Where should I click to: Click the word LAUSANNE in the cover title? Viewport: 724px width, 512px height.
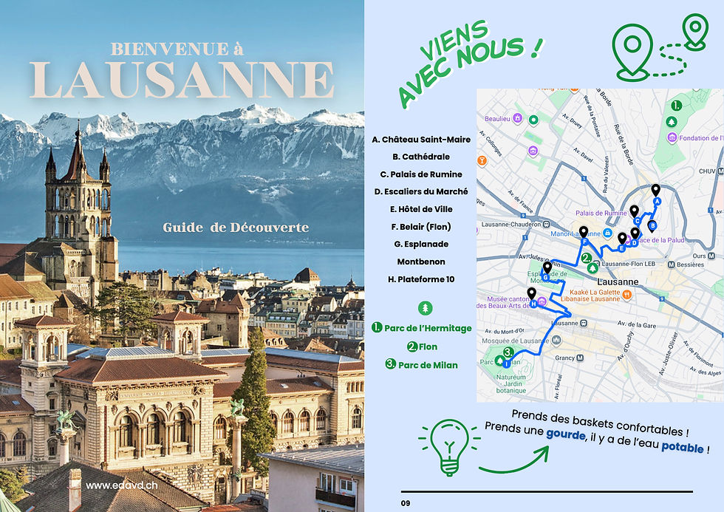pos(182,80)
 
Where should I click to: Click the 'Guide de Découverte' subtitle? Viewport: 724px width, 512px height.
pos(236,227)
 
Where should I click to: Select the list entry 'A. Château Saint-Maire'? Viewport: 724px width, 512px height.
pos(421,140)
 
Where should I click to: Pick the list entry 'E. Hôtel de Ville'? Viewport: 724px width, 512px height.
pos(421,209)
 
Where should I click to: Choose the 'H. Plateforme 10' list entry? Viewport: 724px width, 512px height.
pos(421,279)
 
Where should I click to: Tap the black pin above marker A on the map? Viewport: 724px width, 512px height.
pos(655,191)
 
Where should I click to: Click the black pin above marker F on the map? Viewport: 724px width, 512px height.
pos(584,232)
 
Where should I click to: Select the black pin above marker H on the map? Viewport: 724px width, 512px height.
pos(531,293)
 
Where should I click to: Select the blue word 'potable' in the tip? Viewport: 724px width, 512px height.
pos(682,447)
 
